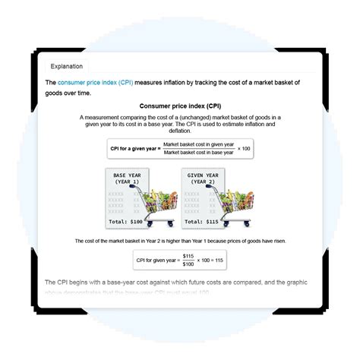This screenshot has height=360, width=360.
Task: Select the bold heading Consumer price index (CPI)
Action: (179, 106)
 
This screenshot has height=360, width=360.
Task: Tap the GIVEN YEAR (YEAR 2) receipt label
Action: (201, 178)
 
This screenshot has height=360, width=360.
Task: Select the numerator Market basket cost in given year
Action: (198, 143)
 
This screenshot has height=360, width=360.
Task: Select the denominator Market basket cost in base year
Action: (198, 152)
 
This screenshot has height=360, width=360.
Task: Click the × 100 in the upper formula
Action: (244, 147)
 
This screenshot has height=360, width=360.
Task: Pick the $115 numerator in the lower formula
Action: (188, 256)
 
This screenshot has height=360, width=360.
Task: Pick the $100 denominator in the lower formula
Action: (188, 265)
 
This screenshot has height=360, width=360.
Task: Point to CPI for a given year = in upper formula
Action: (135, 147)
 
